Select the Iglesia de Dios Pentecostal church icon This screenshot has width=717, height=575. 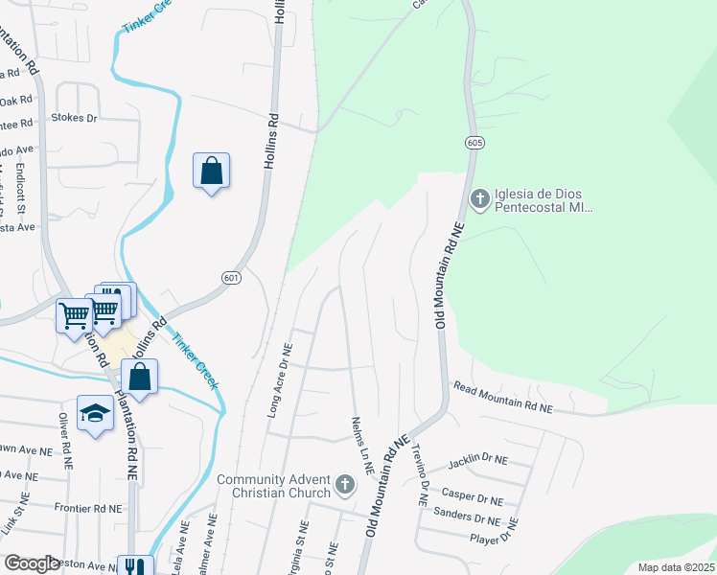pos(479,199)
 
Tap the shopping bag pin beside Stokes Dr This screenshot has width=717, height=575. pos(211,172)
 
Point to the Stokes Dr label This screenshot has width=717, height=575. pos(74,118)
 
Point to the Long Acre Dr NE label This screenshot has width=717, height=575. pos(284,383)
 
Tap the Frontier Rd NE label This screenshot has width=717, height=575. pos(85,508)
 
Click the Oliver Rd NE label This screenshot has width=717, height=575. pos(64,441)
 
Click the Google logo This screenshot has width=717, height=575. pos(33,563)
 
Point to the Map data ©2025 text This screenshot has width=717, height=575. pos(675,567)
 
